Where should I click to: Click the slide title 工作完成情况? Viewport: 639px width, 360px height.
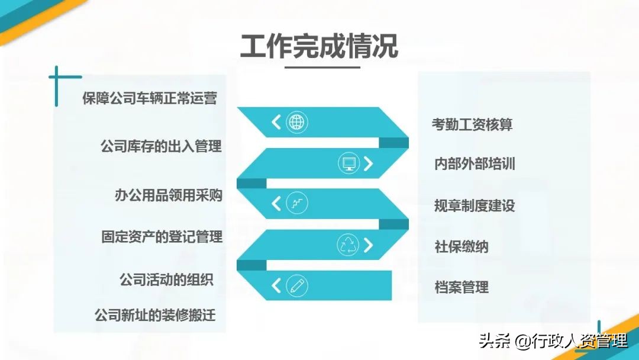tap(319, 46)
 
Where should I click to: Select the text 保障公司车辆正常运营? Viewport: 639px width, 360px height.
tap(150, 98)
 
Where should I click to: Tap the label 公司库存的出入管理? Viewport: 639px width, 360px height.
tap(161, 146)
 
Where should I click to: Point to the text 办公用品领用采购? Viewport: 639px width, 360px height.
tap(169, 195)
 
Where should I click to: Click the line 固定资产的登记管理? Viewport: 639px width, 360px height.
tap(162, 237)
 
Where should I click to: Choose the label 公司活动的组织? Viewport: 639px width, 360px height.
tap(166, 279)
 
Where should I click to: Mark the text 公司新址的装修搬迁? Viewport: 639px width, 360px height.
tap(155, 315)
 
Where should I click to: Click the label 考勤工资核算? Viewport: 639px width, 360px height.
tap(472, 124)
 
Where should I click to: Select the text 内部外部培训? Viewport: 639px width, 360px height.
tap(475, 164)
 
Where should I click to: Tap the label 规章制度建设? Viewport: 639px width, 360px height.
tap(475, 205)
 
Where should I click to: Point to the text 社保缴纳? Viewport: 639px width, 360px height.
tap(461, 246)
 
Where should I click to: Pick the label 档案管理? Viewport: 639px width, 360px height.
tap(461, 288)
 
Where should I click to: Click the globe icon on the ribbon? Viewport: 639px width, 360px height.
tap(296, 123)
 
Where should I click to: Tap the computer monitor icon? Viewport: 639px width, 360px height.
tap(348, 163)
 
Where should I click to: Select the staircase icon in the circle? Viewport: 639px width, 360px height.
tap(296, 204)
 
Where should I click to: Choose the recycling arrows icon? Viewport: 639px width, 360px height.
tap(348, 245)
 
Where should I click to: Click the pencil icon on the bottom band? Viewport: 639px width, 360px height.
tap(296, 286)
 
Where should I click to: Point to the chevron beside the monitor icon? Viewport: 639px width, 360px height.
tap(369, 163)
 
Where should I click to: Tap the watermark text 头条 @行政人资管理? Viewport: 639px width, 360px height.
tap(553, 341)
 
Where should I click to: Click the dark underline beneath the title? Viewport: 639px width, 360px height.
tap(322, 67)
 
